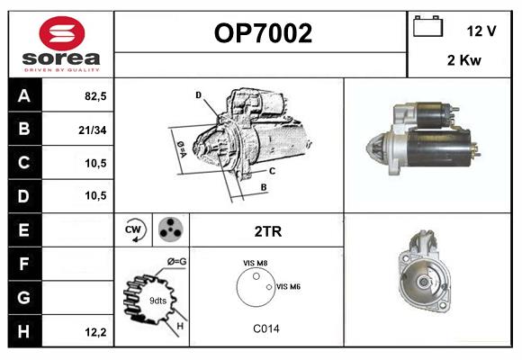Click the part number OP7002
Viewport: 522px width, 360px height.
263,33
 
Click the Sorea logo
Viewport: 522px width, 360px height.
61,45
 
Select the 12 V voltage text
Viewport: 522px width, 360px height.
481,31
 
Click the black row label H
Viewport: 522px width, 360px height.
23,331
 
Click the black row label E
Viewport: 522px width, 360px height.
23,230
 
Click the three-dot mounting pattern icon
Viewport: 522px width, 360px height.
169,230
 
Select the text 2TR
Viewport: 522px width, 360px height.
267,231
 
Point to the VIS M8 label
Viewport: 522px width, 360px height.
255,263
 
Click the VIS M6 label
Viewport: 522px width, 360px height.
288,286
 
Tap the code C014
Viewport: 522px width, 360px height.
265,328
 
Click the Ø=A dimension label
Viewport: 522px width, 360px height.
182,147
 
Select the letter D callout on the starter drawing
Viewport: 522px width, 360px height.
198,94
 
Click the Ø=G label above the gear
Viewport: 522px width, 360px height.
176,261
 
